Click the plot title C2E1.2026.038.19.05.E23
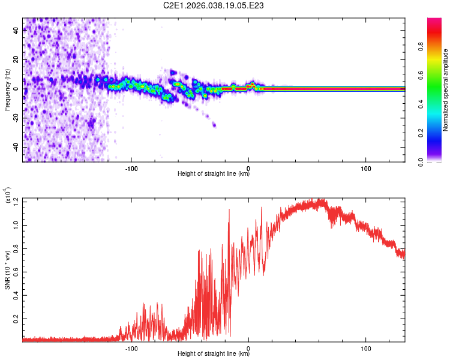pyautogui.click(x=214, y=5)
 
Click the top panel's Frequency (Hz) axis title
pyautogui.click(x=8, y=90)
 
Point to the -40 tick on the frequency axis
pyautogui.click(x=17, y=147)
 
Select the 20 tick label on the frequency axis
pyautogui.click(x=17, y=60)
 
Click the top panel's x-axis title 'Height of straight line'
pyautogui.click(x=214, y=174)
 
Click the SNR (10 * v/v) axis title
pyautogui.click(x=8, y=270)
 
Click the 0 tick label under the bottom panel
pyautogui.click(x=248, y=347)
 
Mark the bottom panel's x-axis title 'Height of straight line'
pyautogui.click(x=214, y=354)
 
